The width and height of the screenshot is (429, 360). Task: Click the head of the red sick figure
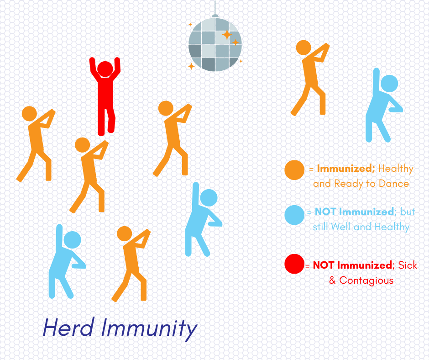click(x=105, y=69)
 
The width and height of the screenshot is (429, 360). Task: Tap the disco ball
click(x=215, y=44)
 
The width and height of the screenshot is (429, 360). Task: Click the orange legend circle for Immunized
click(x=294, y=170)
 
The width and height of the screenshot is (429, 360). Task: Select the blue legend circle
click(x=294, y=215)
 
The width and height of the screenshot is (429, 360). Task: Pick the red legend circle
click(x=294, y=264)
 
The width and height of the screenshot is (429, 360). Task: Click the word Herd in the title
click(x=68, y=327)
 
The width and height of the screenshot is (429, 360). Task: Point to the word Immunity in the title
click(x=149, y=329)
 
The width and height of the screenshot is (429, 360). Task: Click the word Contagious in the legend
click(x=366, y=281)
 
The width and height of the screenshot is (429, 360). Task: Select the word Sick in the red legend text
click(x=408, y=265)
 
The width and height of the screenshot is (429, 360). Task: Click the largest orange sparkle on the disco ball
click(x=227, y=35)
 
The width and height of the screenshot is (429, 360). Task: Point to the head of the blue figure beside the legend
click(x=389, y=84)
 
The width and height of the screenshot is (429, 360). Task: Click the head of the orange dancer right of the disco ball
click(x=303, y=48)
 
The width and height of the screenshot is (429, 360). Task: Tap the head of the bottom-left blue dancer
click(x=72, y=240)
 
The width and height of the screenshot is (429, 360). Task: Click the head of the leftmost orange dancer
click(x=29, y=114)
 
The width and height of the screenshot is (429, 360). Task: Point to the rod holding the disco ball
click(x=215, y=8)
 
